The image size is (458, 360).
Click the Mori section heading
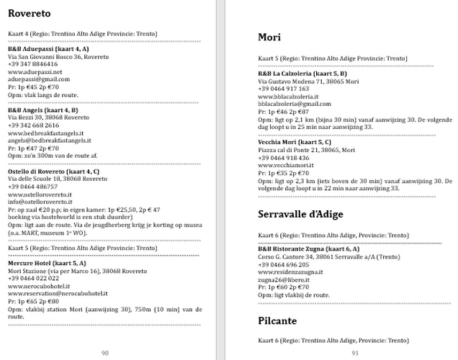(x=269, y=37)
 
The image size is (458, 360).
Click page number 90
(x=105, y=352)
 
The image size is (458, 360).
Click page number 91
(x=355, y=352)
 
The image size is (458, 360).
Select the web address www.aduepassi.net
(x=35, y=71)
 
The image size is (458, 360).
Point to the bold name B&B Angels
(x=30, y=110)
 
